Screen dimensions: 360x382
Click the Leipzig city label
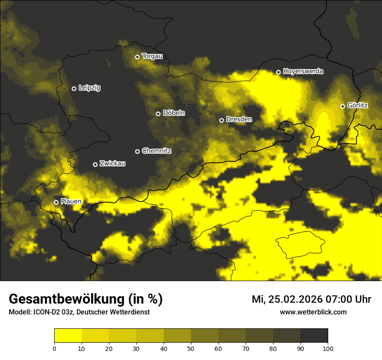(x=89, y=88)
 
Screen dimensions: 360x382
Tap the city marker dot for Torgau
(x=137, y=57)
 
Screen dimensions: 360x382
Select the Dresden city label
(x=239, y=119)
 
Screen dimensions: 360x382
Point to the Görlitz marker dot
(x=342, y=106)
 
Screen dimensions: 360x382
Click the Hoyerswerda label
(x=303, y=72)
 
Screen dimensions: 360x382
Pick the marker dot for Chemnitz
(x=137, y=151)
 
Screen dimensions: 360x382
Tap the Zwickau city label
(x=112, y=164)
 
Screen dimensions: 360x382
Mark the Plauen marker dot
(x=56, y=202)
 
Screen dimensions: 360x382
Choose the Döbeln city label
(x=174, y=113)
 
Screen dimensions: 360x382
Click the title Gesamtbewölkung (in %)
(x=86, y=299)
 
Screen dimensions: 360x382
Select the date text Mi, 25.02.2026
(x=287, y=299)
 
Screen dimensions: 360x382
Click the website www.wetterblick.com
(x=313, y=312)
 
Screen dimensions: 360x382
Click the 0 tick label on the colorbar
(x=54, y=348)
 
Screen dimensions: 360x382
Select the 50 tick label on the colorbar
(x=191, y=348)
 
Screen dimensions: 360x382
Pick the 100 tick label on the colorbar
(x=328, y=348)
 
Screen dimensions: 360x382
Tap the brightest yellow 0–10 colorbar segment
(x=68, y=336)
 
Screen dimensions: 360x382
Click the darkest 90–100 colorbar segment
(x=314, y=336)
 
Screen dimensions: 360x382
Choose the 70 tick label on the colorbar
(x=246, y=348)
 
